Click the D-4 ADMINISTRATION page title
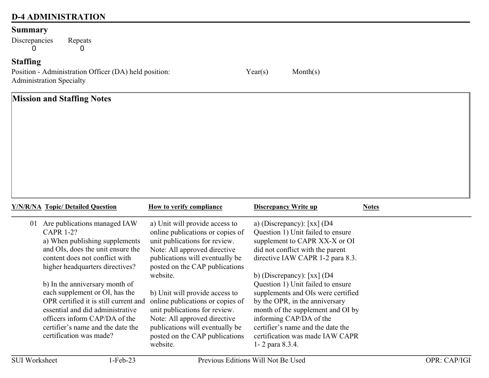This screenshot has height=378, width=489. coord(58,17)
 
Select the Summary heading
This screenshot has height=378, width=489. coord(29,30)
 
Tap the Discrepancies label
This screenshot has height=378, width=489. coord(32,41)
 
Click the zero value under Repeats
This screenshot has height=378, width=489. coord(82,49)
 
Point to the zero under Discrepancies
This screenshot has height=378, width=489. coord(34,49)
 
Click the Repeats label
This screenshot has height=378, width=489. coord(79,41)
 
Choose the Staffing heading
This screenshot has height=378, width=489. coord(26,62)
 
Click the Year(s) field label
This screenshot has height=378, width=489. coord(257,72)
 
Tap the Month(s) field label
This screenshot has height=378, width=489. coord(306,72)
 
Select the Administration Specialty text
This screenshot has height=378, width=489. coord(48,81)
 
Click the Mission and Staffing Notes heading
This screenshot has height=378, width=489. coord(61,99)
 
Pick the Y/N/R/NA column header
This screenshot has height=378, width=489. coord(26,207)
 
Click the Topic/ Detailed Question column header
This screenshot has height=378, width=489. coord(81,207)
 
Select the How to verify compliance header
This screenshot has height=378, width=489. coord(185,207)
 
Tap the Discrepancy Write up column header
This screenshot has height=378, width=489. coord(285,207)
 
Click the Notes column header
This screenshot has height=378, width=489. coord(371,207)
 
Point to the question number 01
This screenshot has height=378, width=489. coord(33,224)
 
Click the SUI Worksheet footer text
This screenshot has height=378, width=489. coord(34,361)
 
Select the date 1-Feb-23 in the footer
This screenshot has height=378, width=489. coord(122,361)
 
